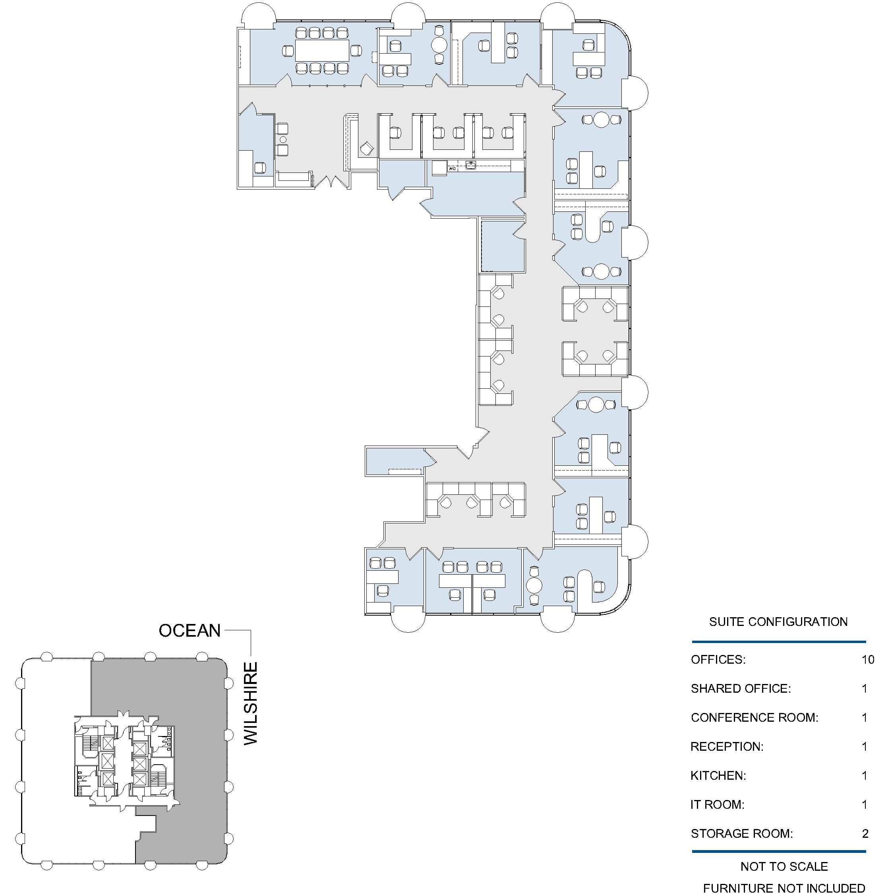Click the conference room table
click(x=322, y=50)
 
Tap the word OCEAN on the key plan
click(x=190, y=631)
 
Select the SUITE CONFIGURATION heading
click(x=778, y=622)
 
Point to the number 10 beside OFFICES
click(x=868, y=660)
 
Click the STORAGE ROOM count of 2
click(x=865, y=834)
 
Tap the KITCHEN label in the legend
click(x=718, y=775)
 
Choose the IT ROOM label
click(x=717, y=805)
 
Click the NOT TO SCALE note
click(x=784, y=866)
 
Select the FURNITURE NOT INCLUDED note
click(x=784, y=888)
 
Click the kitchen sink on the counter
click(x=470, y=165)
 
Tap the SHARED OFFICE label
click(x=741, y=689)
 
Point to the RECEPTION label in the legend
click(x=727, y=747)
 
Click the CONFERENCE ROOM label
click(x=755, y=718)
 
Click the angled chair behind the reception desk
click(x=367, y=148)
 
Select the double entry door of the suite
click(x=331, y=182)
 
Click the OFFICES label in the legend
click(x=718, y=660)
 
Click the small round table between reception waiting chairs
click(x=282, y=139)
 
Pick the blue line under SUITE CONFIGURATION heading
click(x=779, y=642)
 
